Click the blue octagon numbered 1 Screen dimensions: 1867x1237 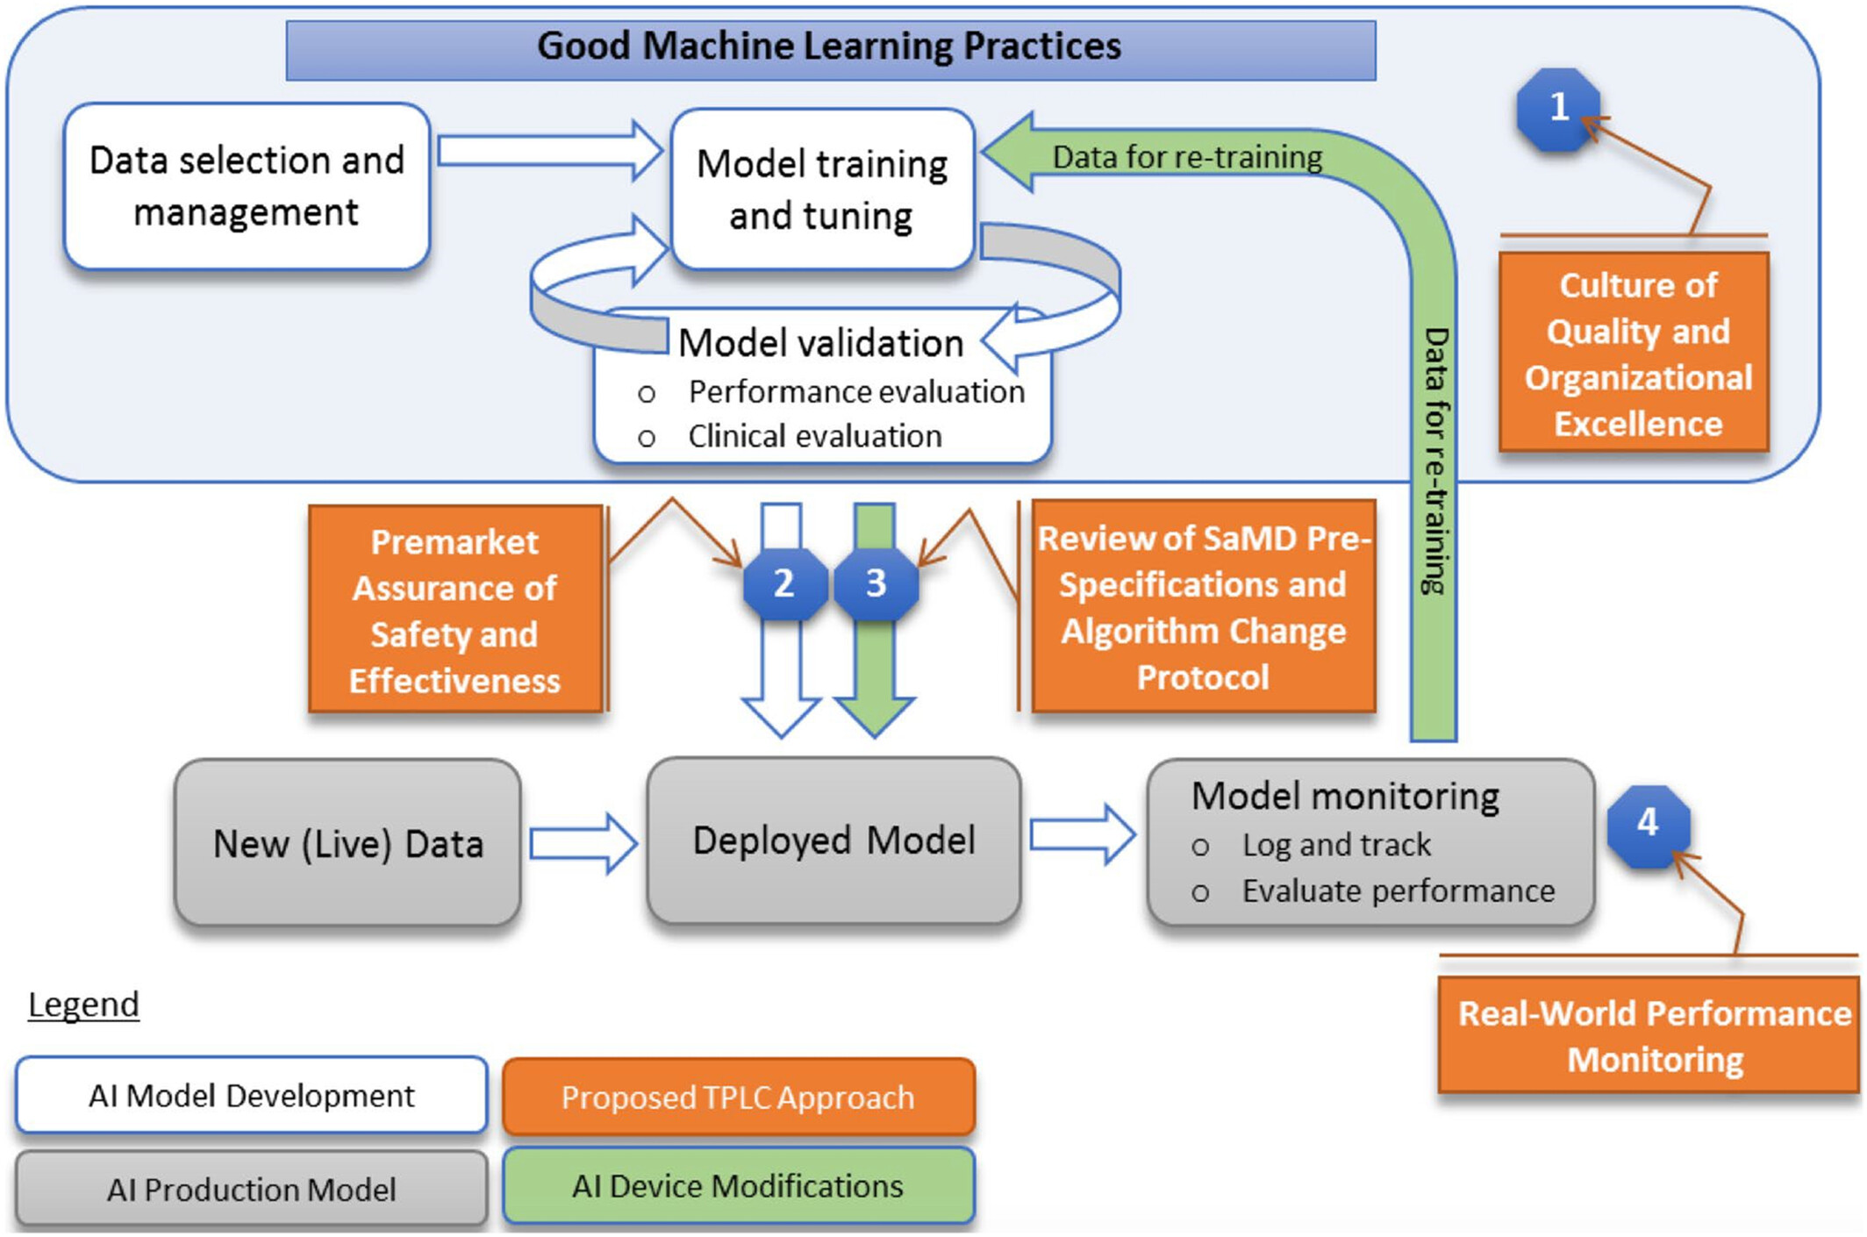(1558, 109)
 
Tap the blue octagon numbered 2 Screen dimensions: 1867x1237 (784, 583)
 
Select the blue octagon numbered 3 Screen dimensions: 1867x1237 (876, 583)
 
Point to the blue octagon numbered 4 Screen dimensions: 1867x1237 (1648, 825)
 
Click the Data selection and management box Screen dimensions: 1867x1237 (247, 187)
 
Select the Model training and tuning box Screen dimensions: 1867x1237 (822, 189)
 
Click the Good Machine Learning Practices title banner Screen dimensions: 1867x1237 (830, 49)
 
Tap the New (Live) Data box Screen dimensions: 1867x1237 (347, 842)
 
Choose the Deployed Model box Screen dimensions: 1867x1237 (833, 840)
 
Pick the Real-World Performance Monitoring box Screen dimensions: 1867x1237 (1651, 1035)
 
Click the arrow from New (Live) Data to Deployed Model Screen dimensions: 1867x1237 (583, 844)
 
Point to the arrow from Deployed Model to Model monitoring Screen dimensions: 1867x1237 (1083, 834)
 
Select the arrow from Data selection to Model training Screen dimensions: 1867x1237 (550, 151)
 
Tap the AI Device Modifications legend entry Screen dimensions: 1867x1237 (738, 1185)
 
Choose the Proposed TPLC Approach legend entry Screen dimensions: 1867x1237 (738, 1097)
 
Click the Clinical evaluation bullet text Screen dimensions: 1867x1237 (814, 436)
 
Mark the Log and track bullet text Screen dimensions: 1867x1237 (1335, 845)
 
